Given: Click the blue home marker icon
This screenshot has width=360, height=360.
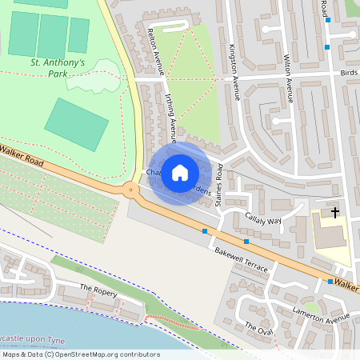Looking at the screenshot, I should click(180, 173).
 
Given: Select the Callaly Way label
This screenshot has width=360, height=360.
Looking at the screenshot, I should click(263, 221).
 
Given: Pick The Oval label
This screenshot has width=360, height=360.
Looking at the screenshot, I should click(259, 329).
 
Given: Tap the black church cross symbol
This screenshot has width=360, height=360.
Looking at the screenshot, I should click(334, 212).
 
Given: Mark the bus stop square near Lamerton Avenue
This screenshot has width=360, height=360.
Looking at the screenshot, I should click(330, 282).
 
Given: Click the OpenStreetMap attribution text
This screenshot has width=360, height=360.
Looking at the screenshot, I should click(80, 354).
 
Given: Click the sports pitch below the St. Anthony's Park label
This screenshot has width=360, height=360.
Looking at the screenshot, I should click(76, 124).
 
